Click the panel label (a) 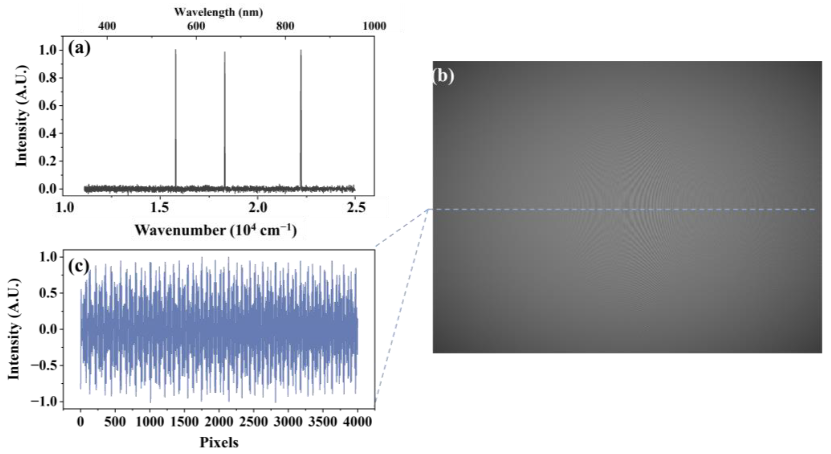[79, 49]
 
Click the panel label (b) [443, 77]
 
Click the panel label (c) [78, 267]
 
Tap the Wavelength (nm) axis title [219, 12]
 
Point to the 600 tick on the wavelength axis [196, 26]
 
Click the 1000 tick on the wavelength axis [374, 26]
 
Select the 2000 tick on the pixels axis [219, 422]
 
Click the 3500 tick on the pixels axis [323, 422]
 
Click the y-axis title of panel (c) [14, 329]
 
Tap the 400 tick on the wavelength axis [107, 26]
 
